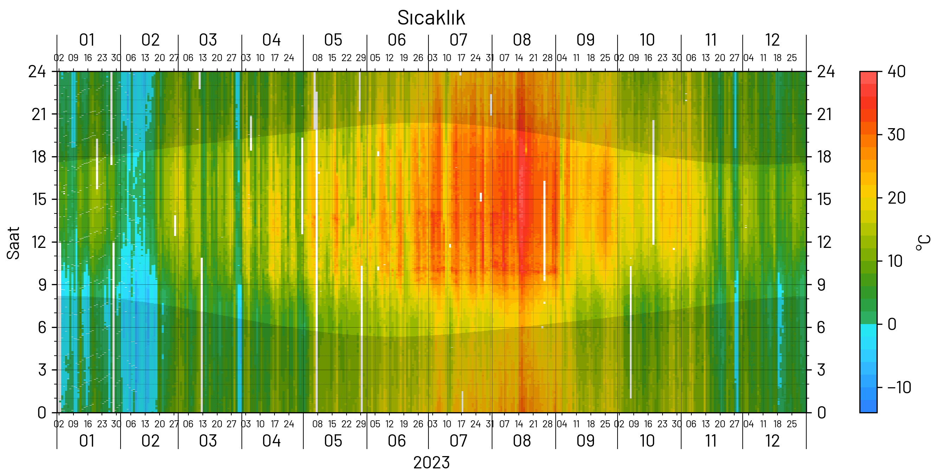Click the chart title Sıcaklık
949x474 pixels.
pyautogui.click(x=431, y=18)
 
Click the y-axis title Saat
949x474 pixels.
pyautogui.click(x=13, y=243)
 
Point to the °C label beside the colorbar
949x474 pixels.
pyautogui.click(x=923, y=243)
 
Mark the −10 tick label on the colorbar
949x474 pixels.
pyautogui.click(x=899, y=388)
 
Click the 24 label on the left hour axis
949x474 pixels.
pyautogui.click(x=37, y=71)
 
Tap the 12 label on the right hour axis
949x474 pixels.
pyautogui.click(x=825, y=242)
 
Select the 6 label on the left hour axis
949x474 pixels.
pyautogui.click(x=42, y=328)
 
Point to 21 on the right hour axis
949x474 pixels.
pyautogui.click(x=825, y=114)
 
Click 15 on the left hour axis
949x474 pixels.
pyautogui.click(x=39, y=199)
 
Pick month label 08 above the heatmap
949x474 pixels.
pyautogui.click(x=522, y=40)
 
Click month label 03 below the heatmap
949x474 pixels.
pyautogui.click(x=208, y=441)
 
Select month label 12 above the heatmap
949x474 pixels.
pyautogui.click(x=772, y=40)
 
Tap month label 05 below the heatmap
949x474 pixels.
pyautogui.click(x=333, y=441)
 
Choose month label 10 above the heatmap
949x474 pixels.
pyautogui.click(x=647, y=40)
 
